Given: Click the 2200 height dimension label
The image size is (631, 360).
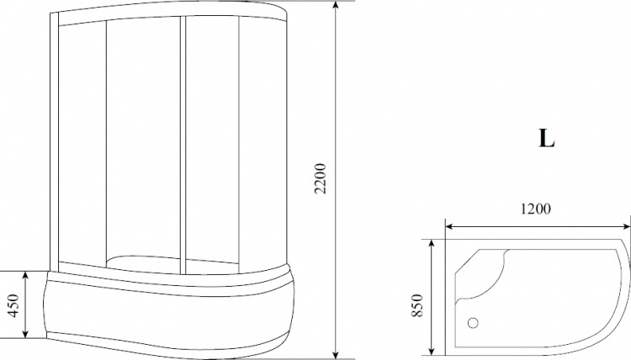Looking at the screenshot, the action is tap(321, 178).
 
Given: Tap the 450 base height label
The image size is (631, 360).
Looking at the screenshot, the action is tap(13, 305).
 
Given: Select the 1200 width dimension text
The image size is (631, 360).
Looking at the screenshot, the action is tap(536, 209).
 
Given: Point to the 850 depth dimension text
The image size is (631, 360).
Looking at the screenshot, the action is tap(417, 305).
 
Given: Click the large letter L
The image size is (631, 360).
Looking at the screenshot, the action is tap(547, 139).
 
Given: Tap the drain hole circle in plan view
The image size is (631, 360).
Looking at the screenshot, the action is tap(473, 323).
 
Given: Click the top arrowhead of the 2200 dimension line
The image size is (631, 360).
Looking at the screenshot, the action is tap(337, 6).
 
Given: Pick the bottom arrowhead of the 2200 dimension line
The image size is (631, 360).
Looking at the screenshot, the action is tap(337, 352).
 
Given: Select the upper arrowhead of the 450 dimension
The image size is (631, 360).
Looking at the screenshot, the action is tap(25, 277).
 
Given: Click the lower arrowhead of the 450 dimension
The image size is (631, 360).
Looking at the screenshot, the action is tap(25, 332).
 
